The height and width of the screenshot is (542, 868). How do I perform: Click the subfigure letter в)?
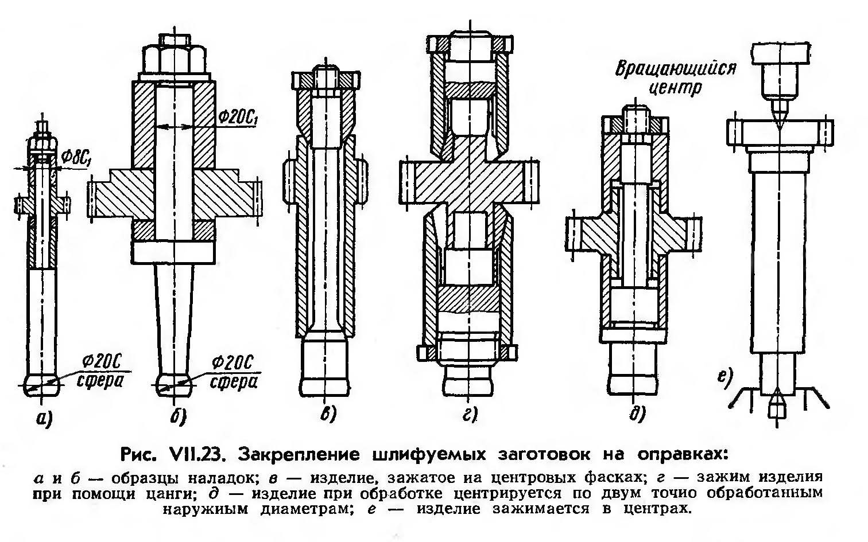(327, 415)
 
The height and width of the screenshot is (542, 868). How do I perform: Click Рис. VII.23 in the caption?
(175, 455)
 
